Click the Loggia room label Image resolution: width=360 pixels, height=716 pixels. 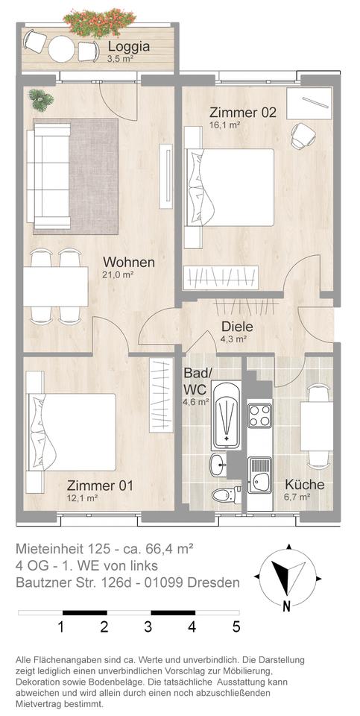click(x=129, y=47)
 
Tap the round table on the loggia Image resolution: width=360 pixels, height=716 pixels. click(x=62, y=49)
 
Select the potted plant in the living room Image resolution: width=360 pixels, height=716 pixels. click(x=40, y=99)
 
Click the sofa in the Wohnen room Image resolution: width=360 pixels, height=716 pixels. click(x=48, y=176)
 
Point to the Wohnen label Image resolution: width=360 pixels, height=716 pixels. click(x=129, y=263)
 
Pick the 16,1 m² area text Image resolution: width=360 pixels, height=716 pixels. click(x=225, y=124)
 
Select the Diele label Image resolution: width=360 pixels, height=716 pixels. click(x=237, y=327)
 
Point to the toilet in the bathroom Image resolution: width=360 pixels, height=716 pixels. click(x=227, y=494)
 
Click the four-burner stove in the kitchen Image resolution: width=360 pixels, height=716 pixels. click(x=260, y=416)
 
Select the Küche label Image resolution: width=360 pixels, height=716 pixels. click(x=305, y=485)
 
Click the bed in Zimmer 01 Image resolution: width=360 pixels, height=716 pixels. click(x=71, y=432)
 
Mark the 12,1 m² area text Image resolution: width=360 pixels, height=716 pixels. click(x=83, y=497)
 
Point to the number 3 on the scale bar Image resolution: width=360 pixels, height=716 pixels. click(x=148, y=627)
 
